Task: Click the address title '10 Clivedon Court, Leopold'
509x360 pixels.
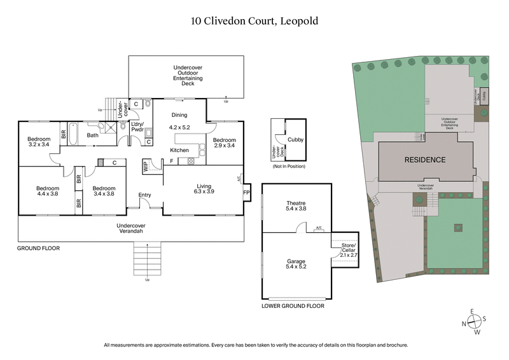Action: [x=254, y=21]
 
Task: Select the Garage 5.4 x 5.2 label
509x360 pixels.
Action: [x=296, y=263]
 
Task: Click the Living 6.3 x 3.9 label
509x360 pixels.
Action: [x=204, y=189]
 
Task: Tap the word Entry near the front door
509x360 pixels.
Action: [x=146, y=195]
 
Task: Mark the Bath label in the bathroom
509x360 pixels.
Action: [x=93, y=135]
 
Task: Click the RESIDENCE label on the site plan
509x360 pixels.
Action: [x=426, y=160]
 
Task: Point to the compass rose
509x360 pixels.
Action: [x=473, y=322]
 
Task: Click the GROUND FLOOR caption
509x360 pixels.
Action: [x=38, y=249]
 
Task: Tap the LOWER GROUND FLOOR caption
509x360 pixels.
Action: [x=293, y=306]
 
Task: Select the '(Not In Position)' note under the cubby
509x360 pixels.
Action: [x=288, y=166]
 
